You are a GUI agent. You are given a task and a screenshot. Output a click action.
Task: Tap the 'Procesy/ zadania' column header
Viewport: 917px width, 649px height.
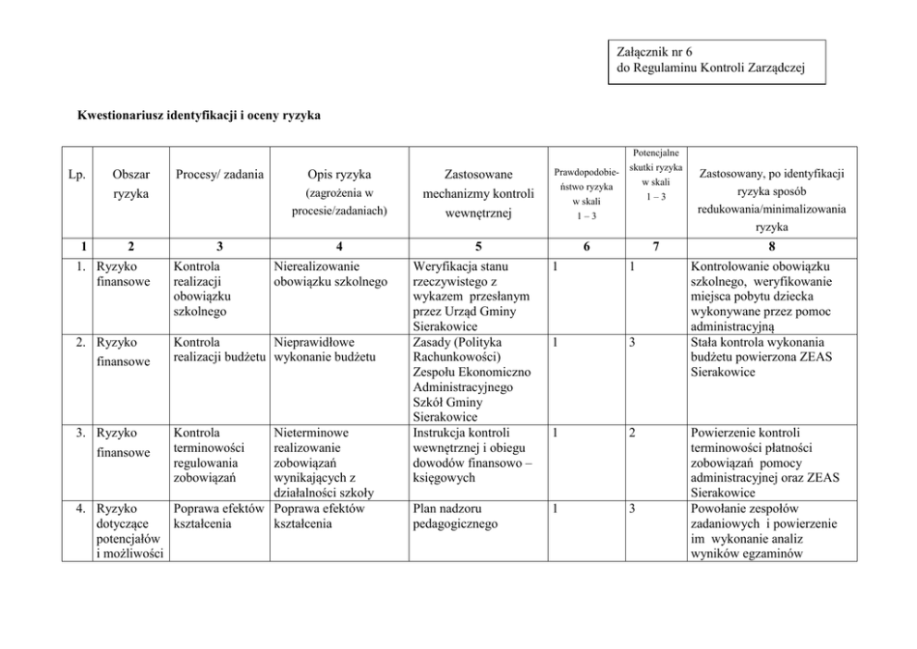coord(219,174)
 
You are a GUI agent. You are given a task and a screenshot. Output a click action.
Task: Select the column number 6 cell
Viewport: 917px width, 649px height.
coord(586,247)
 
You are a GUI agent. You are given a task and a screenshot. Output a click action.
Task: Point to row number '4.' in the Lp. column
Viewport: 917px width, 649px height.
coord(81,508)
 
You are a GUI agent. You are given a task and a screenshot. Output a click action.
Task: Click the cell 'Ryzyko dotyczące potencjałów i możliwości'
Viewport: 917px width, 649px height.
coord(129,531)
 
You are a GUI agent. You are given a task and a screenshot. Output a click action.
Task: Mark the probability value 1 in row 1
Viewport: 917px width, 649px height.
coord(553,266)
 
